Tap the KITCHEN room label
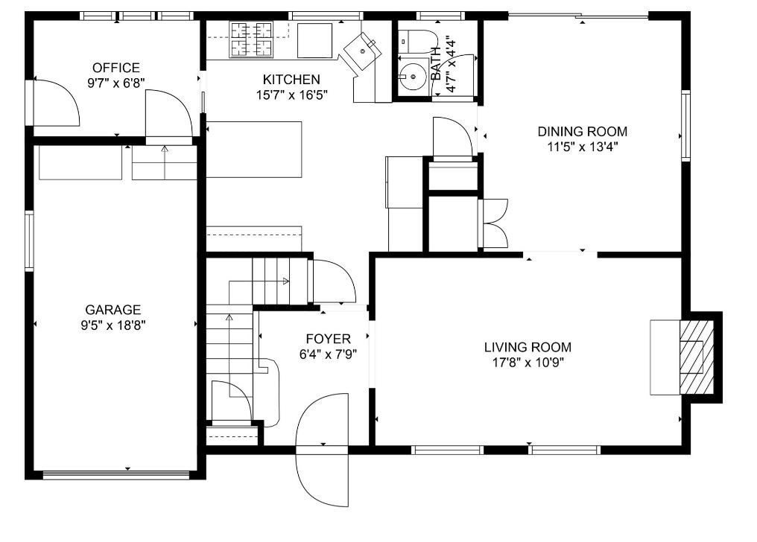click(x=291, y=79)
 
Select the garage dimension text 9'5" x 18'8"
click(x=113, y=325)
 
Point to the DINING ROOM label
click(x=582, y=132)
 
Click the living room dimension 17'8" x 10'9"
click(x=528, y=363)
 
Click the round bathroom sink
click(x=409, y=75)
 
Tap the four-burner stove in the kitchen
click(x=251, y=39)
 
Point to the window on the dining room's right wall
click(x=686, y=125)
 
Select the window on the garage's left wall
click(x=29, y=240)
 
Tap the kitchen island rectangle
click(x=254, y=150)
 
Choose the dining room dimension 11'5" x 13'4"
click(x=582, y=147)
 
